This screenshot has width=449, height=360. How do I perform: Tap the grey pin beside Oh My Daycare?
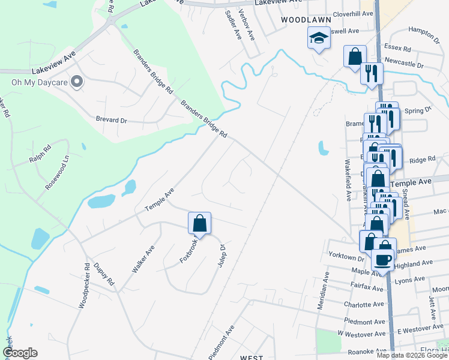[x=76, y=82]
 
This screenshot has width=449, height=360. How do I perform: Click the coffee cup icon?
[x=384, y=260]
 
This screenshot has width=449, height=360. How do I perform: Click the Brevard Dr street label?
[x=112, y=119]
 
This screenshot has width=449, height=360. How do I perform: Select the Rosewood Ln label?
[x=58, y=173]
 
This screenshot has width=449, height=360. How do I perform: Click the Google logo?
[x=20, y=353]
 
